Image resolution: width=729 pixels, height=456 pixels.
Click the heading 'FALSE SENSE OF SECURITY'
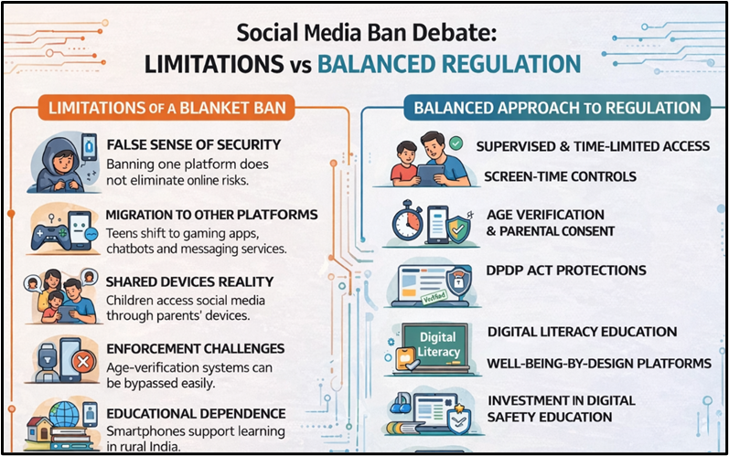coord(193,145)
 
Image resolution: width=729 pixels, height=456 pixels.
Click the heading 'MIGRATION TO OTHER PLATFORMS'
coord(211,215)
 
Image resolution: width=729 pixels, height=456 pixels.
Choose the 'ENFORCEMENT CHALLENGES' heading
coord(195,349)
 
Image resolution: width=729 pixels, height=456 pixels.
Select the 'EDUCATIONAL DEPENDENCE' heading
coord(196,413)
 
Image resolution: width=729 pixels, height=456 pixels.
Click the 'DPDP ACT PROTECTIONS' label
coord(566,270)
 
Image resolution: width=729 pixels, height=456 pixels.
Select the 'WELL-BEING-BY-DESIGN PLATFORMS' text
coord(598,363)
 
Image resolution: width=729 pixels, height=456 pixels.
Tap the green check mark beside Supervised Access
coord(456,144)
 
